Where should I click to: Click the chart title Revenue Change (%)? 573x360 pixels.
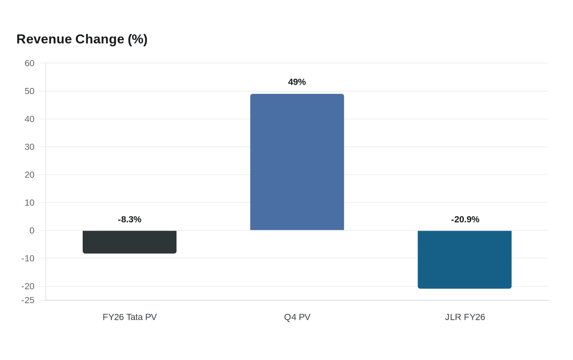[x=82, y=39]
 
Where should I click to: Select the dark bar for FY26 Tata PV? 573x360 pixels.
[x=129, y=242]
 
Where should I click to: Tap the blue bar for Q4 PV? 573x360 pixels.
[x=297, y=162]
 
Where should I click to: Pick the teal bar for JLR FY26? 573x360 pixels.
[x=465, y=259]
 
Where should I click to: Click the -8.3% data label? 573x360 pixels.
[x=129, y=219]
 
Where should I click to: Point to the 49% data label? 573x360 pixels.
[x=297, y=82]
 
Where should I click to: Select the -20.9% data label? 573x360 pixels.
[x=465, y=219]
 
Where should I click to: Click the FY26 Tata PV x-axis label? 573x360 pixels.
[x=130, y=317]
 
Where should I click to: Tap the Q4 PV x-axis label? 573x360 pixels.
[x=297, y=317]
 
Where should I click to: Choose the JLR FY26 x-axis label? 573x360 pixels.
[x=465, y=317]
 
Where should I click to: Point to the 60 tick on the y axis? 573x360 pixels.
[x=29, y=63]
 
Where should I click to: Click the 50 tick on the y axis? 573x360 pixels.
[x=29, y=91]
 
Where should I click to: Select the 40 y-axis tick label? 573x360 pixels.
[x=29, y=119]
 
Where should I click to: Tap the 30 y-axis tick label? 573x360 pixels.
[x=29, y=147]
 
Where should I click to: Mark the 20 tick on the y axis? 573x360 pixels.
[x=29, y=175]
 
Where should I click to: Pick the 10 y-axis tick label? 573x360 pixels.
[x=29, y=202]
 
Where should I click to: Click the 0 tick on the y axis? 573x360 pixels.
[x=32, y=230]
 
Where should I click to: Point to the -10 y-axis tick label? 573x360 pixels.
[x=28, y=258]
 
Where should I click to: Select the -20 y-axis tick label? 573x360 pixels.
[x=28, y=286]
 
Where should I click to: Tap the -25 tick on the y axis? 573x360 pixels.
[x=28, y=300]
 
